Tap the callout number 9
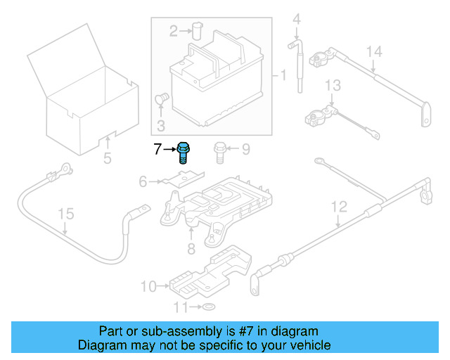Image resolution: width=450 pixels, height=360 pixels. (245, 149)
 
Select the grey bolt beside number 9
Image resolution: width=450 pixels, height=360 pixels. (219, 151)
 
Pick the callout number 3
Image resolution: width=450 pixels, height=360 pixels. (161, 127)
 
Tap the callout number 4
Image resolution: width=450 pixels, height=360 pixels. (296, 18)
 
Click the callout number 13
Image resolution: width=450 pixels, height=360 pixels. (332, 85)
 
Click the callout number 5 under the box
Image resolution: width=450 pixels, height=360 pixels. (107, 158)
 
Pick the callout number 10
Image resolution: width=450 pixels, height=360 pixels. (148, 286)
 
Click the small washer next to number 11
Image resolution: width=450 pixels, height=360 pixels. (209, 307)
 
